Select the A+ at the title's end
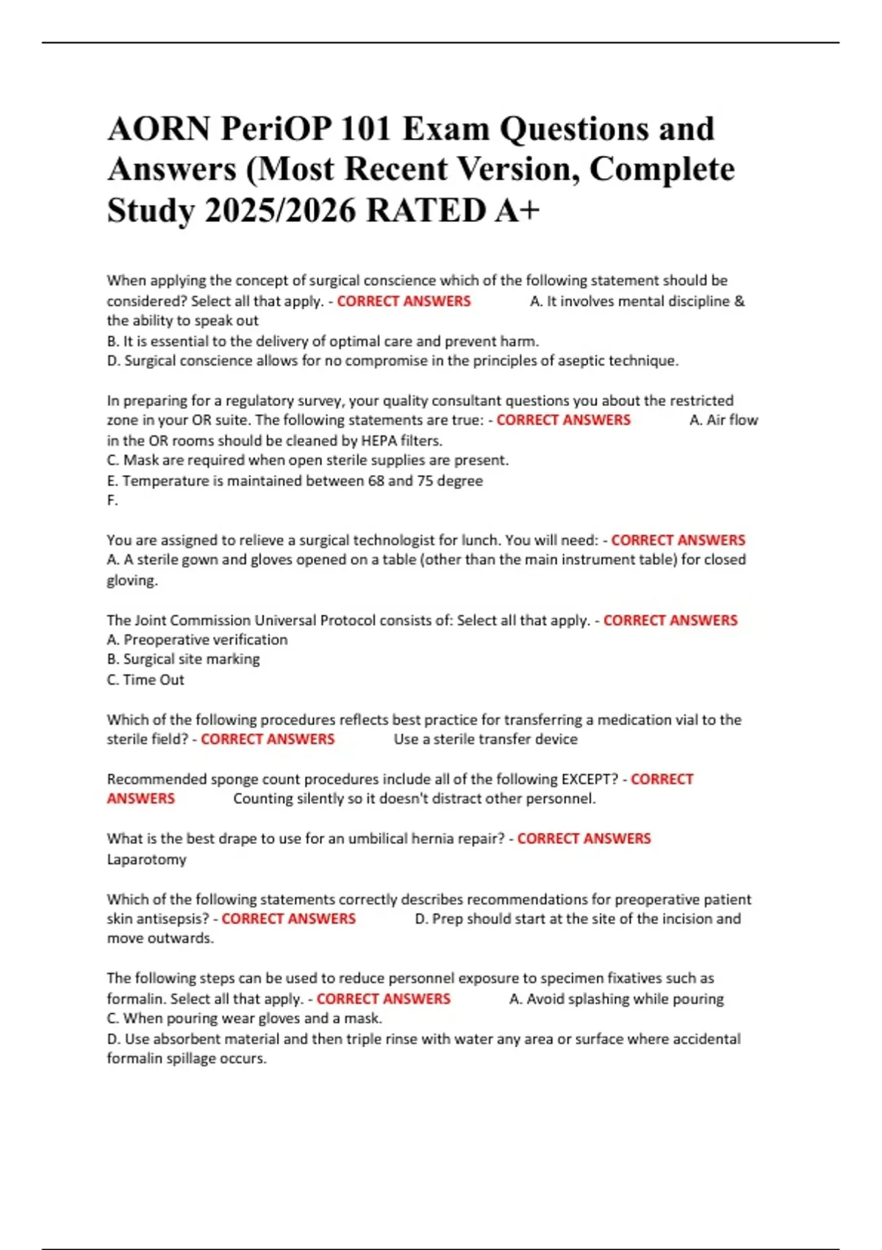pyautogui.click(x=517, y=210)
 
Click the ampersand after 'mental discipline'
pyautogui.click(x=739, y=301)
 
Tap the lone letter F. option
pyautogui.click(x=112, y=500)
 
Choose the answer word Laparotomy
pyautogui.click(x=146, y=859)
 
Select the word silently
pyautogui.click(x=321, y=799)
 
